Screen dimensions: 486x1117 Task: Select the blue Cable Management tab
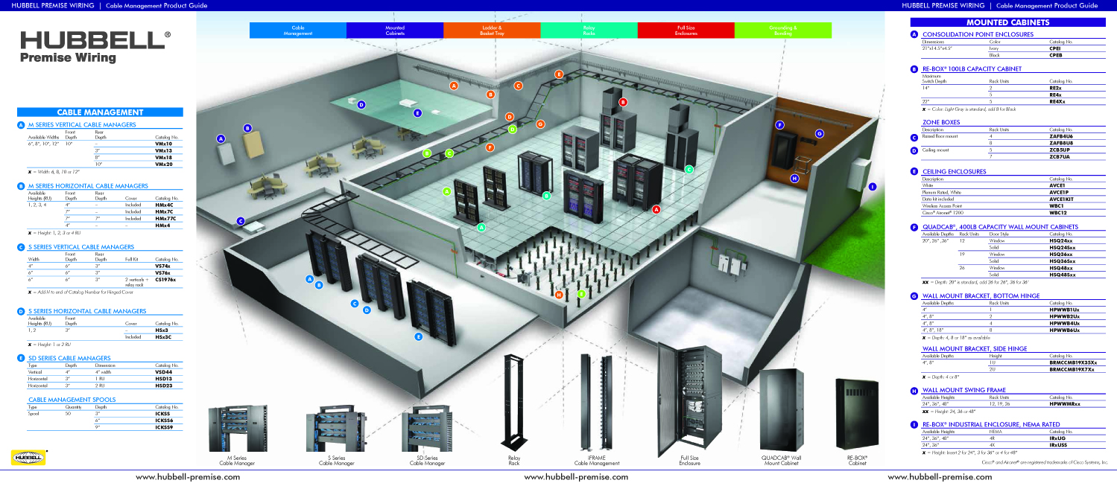(x=297, y=30)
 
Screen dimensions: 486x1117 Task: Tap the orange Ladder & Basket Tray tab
(x=491, y=30)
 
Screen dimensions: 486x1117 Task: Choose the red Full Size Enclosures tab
(x=686, y=30)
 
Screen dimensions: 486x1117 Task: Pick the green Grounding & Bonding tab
(x=782, y=30)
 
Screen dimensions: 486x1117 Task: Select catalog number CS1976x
(x=165, y=279)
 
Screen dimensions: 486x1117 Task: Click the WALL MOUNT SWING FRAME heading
(x=963, y=390)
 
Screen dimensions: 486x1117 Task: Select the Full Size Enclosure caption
(x=689, y=461)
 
